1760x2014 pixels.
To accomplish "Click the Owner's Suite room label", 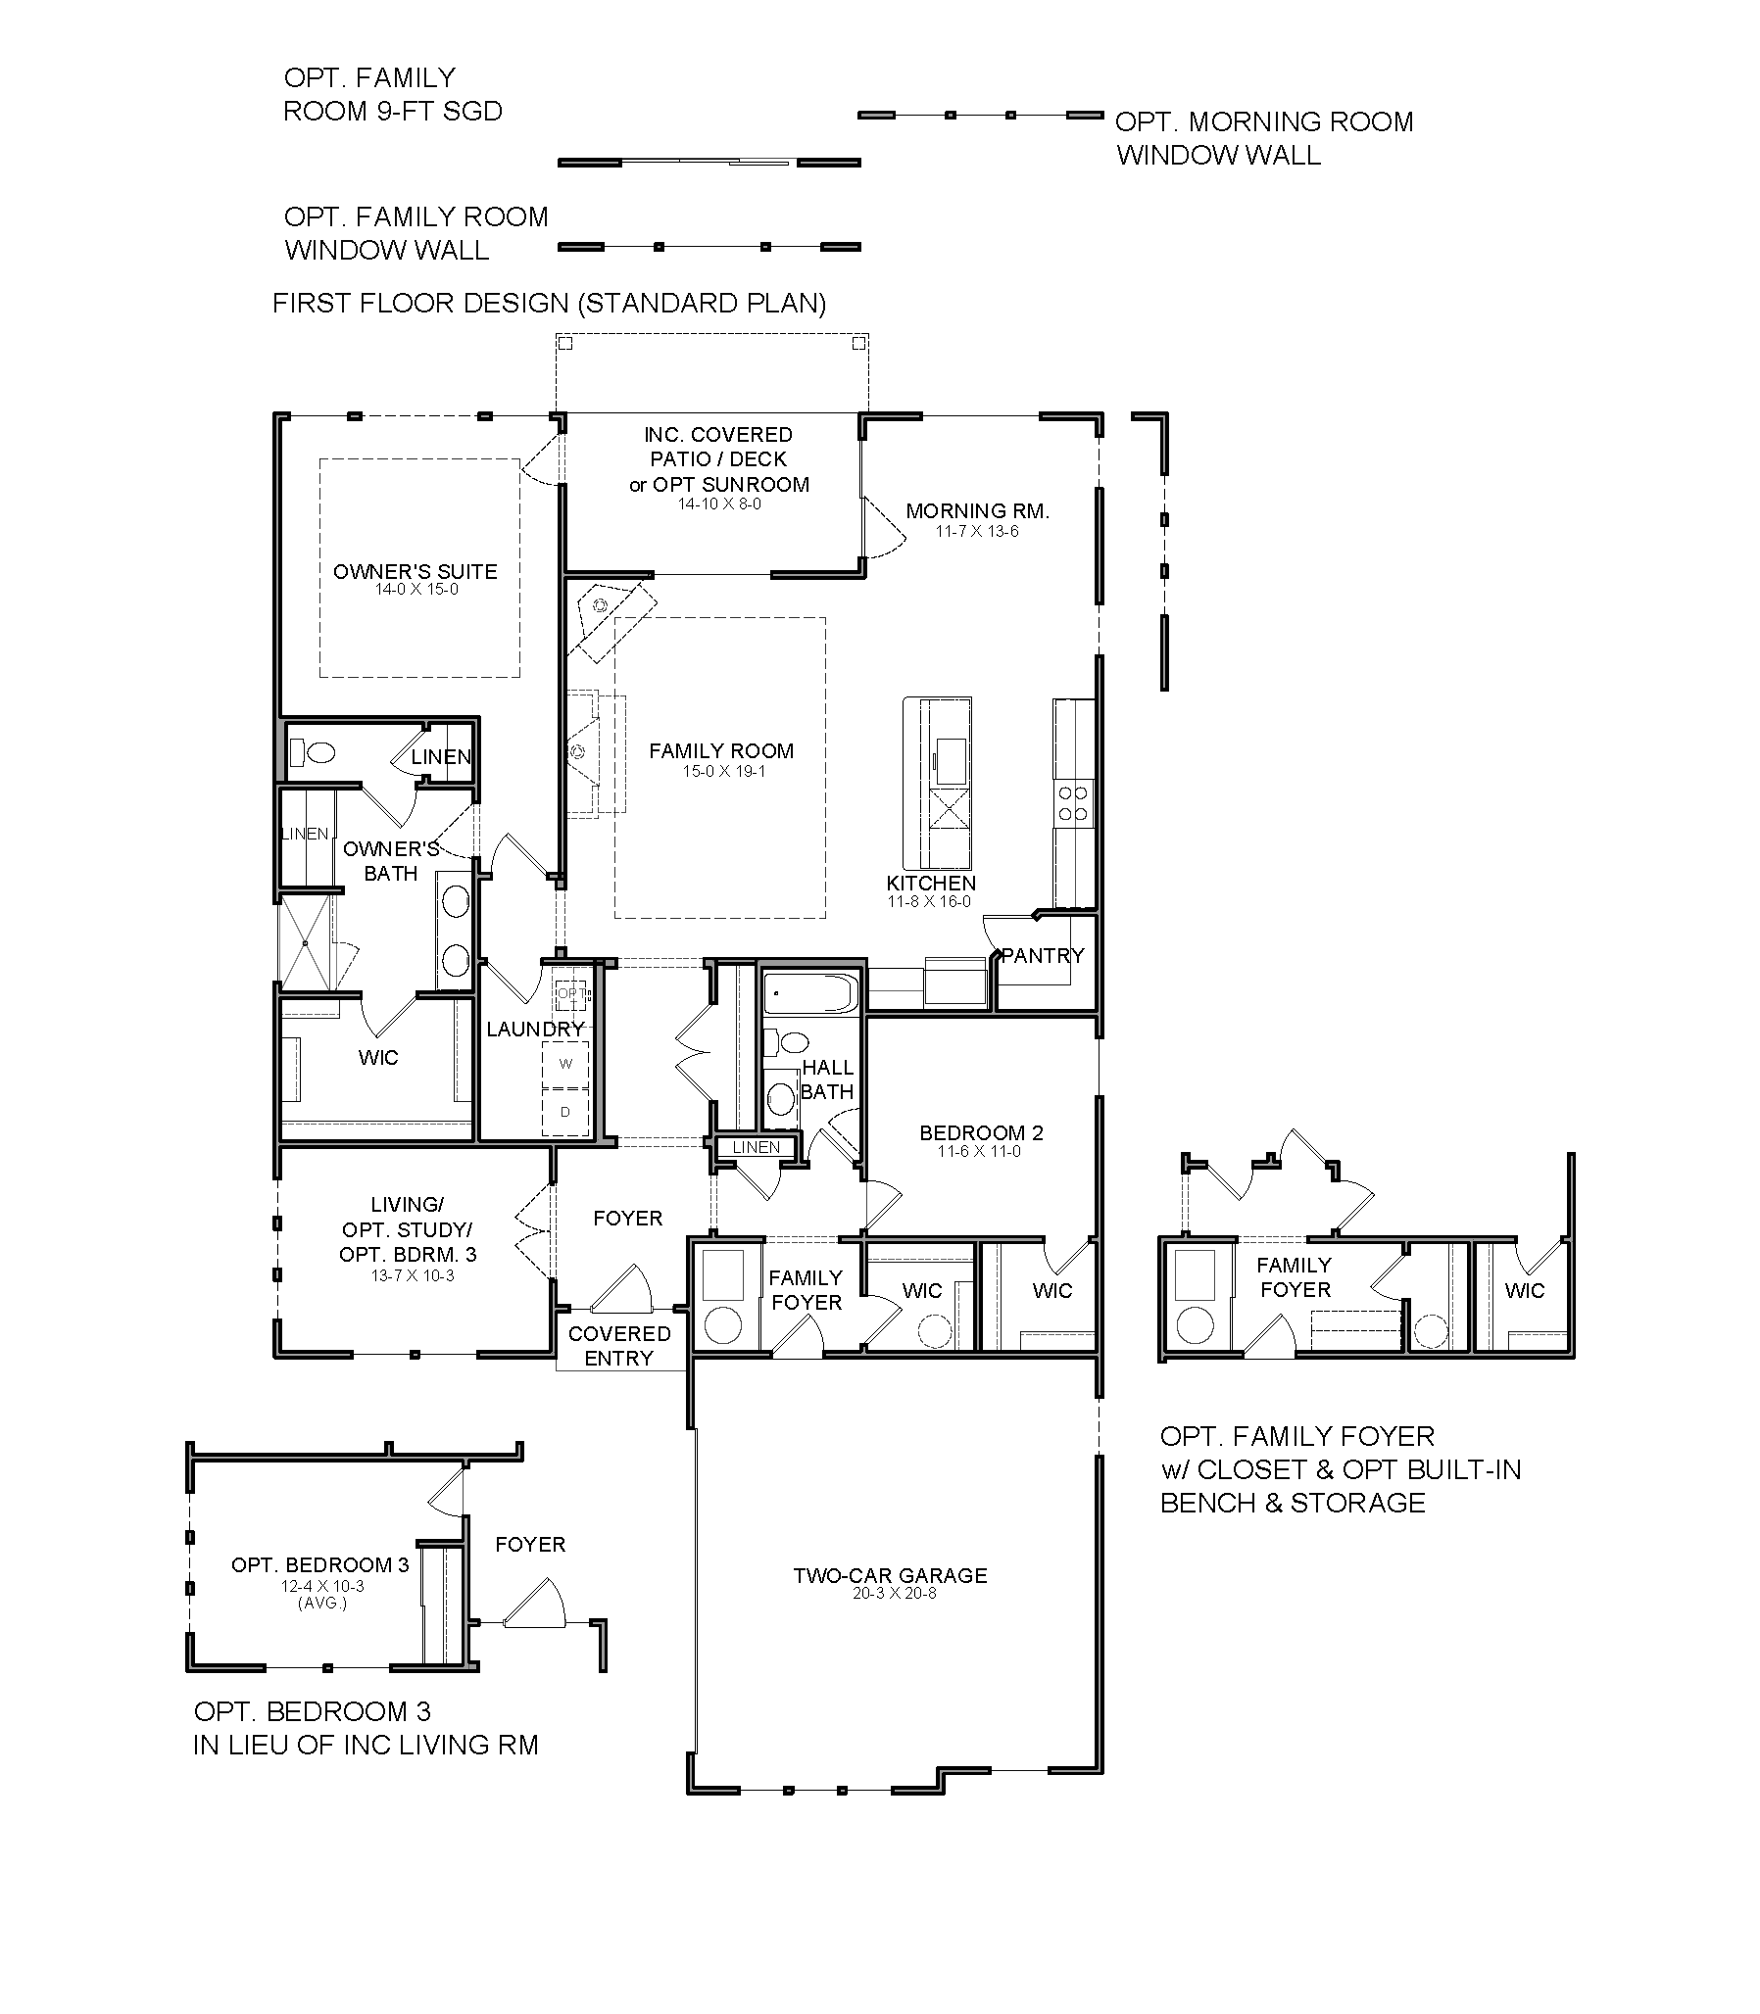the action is tap(416, 571).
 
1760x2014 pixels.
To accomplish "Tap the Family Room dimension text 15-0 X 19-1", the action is tap(724, 772).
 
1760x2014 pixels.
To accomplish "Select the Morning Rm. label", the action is tap(977, 510).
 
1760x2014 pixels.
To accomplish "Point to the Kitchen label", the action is tap(931, 883).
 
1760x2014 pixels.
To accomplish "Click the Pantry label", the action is tap(1042, 955).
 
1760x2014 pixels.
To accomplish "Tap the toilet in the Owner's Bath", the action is tap(314, 753).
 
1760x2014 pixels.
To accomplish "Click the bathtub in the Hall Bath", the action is tap(811, 992).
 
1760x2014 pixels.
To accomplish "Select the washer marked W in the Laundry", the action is tap(565, 1064).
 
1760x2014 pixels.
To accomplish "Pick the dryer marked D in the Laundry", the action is tap(565, 1112).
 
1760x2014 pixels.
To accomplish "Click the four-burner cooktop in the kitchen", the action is tap(1073, 802).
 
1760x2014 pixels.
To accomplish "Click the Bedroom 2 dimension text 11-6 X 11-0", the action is tap(979, 1152).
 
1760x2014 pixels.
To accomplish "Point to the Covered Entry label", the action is tap(619, 1346).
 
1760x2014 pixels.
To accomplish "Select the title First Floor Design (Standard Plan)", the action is tap(549, 303).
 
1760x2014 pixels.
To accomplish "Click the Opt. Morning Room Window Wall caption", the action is tap(1264, 138).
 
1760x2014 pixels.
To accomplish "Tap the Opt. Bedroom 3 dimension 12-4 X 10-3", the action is tap(322, 1586).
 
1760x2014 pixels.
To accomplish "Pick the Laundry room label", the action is tap(535, 1030).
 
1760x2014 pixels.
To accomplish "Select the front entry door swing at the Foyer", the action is tap(620, 1287).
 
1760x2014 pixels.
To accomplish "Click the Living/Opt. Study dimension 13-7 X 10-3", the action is tap(413, 1276).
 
